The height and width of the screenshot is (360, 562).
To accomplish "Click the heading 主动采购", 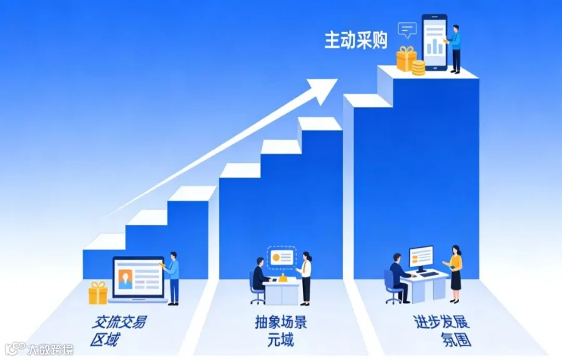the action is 356,40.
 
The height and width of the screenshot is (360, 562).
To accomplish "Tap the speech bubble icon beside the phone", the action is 408,30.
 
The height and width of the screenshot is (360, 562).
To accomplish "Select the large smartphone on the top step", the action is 435,42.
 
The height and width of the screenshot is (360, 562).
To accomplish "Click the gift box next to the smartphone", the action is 407,59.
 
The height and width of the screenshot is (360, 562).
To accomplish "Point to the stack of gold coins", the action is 418,68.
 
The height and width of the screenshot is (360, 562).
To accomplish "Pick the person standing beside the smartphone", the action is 454,49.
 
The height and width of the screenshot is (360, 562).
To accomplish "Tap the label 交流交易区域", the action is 118,330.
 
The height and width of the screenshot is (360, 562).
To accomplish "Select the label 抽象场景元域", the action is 280,330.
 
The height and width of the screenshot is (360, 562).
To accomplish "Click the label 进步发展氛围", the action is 442,330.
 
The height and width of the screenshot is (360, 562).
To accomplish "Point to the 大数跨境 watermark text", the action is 50,349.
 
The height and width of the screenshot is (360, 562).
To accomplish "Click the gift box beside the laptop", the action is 98,293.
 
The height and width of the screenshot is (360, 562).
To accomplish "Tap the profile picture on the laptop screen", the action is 125,279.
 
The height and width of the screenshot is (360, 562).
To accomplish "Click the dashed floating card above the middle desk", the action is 282,258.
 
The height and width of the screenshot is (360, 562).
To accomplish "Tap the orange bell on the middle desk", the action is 283,278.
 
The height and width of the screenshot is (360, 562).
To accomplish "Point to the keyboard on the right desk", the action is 429,275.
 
